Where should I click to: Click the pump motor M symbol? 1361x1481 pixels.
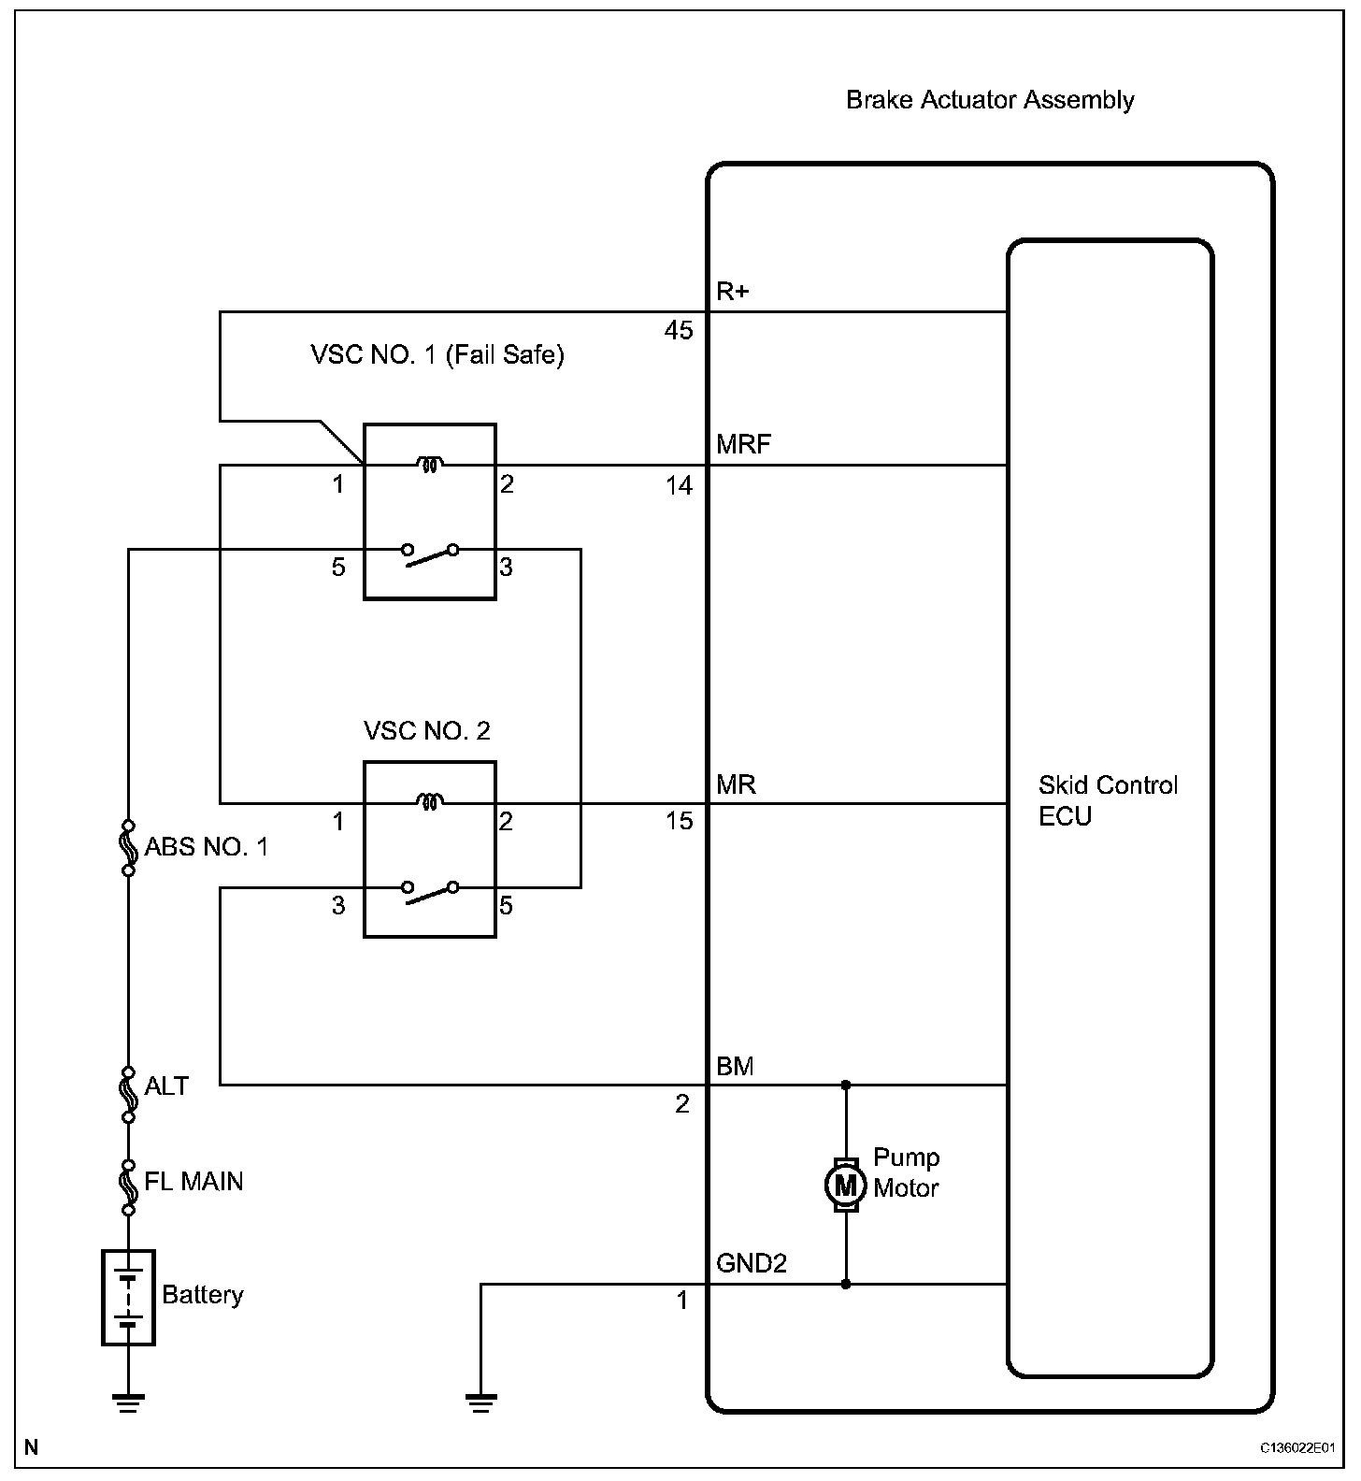click(845, 1186)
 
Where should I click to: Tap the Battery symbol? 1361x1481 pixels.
click(128, 1297)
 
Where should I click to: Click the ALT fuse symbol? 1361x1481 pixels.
click(128, 1093)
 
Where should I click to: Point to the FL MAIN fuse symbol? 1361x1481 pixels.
click(128, 1186)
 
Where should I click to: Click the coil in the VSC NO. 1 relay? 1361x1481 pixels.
click(430, 463)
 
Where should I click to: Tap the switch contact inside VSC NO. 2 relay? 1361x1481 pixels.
click(430, 891)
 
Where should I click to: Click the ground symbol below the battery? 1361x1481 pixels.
click(128, 1402)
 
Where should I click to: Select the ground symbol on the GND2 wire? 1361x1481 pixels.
click(480, 1402)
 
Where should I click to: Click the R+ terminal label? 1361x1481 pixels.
click(733, 292)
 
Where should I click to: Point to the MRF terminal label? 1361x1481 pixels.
click(743, 444)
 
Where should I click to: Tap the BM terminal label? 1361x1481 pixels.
click(735, 1067)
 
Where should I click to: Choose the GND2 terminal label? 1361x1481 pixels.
click(752, 1264)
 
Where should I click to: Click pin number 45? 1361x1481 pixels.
click(679, 330)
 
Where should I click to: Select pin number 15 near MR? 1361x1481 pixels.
click(680, 821)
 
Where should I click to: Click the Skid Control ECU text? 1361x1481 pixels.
click(1108, 800)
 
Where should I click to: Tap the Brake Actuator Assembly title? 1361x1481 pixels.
click(990, 100)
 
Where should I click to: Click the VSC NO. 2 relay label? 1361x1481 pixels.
click(427, 730)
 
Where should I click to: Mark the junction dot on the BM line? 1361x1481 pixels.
click(846, 1085)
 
